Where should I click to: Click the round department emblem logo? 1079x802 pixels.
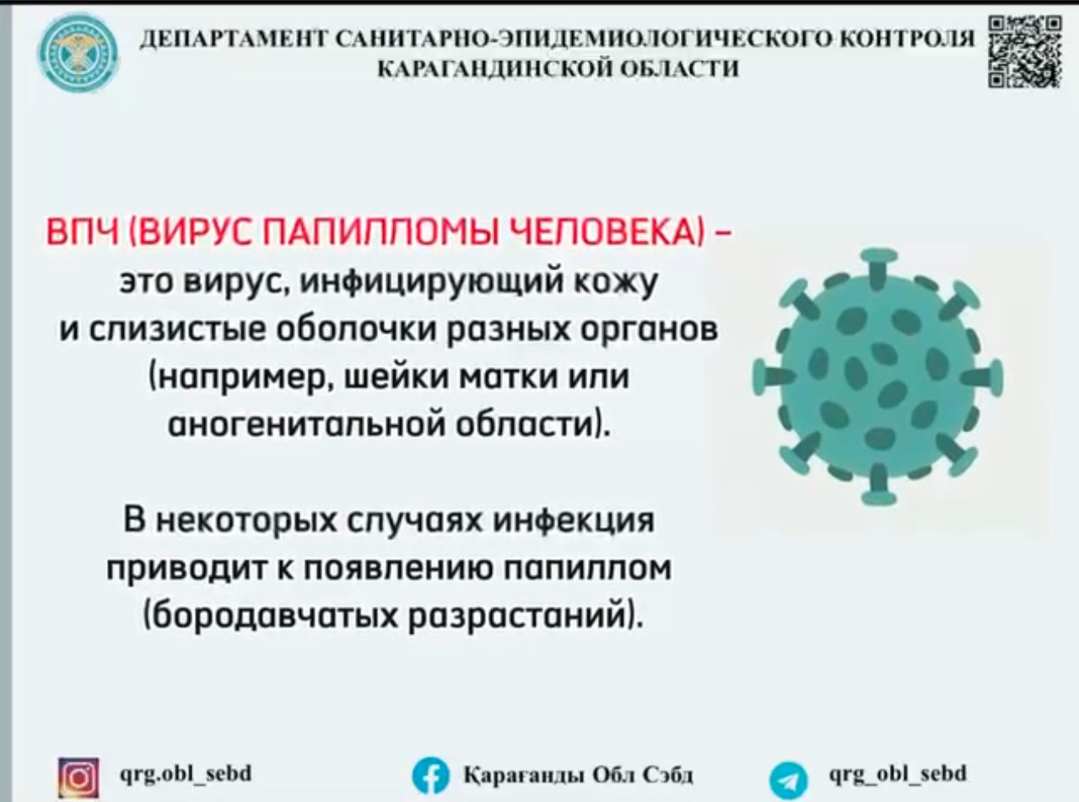[x=78, y=54]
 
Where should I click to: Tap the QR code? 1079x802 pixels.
[x=1025, y=52]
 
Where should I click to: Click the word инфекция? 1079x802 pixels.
[x=575, y=520]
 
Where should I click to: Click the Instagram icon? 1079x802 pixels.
[x=79, y=774]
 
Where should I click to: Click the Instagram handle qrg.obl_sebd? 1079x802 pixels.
[x=186, y=774]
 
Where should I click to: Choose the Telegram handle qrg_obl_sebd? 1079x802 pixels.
[x=898, y=774]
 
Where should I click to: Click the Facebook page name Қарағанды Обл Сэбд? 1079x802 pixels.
[x=579, y=774]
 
